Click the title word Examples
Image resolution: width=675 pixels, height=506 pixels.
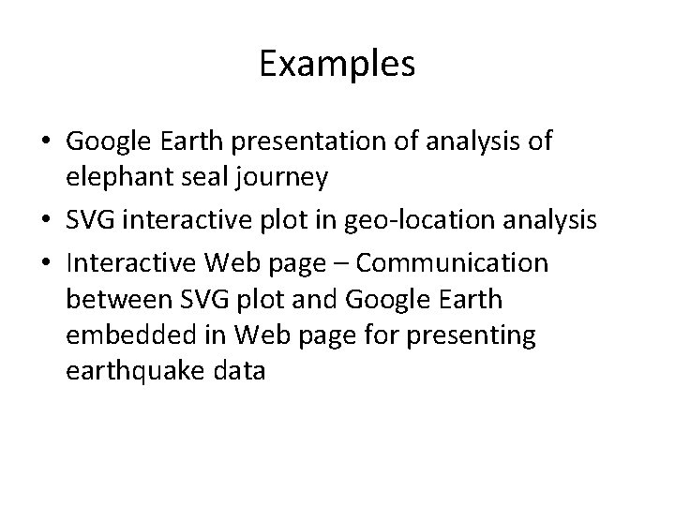337,65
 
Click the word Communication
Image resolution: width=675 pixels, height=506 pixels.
455,264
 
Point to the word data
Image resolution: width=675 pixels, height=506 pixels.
237,370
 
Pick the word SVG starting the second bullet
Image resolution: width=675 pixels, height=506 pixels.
85,222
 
